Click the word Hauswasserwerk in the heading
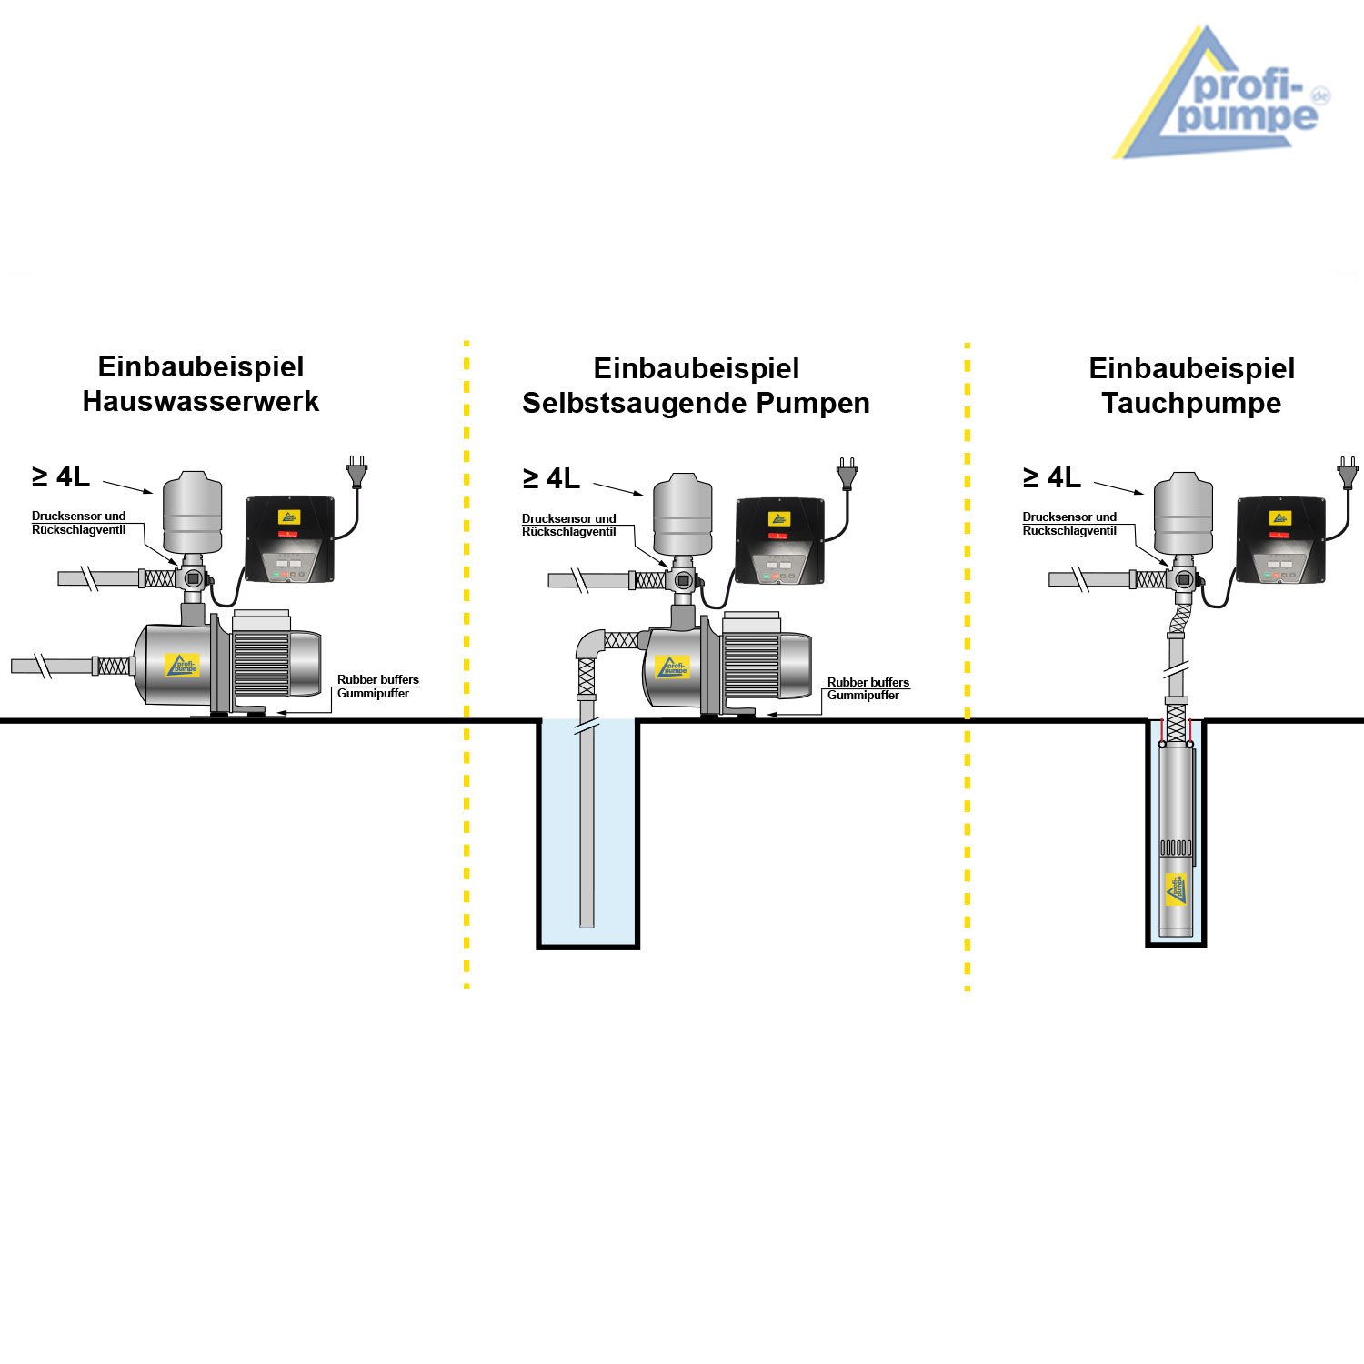(x=201, y=401)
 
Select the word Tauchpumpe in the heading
(x=1191, y=403)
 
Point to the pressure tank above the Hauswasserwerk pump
(x=193, y=512)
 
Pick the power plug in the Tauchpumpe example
(x=1347, y=473)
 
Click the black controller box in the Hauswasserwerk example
(x=290, y=538)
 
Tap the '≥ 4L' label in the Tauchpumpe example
(x=1052, y=477)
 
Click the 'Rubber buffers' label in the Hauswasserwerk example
(x=378, y=679)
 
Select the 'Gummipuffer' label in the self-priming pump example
(x=863, y=696)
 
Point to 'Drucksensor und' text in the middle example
(x=568, y=518)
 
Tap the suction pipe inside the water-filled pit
(x=587, y=818)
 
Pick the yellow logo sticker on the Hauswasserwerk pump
(x=182, y=665)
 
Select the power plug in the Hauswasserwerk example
(x=356, y=473)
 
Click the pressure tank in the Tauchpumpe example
(x=1183, y=513)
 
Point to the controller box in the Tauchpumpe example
(x=1280, y=539)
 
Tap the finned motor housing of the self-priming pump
(x=752, y=666)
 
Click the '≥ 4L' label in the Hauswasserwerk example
(x=61, y=476)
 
